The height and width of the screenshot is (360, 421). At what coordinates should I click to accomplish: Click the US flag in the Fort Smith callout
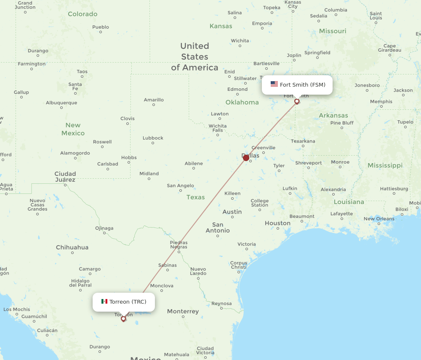pyautogui.click(x=274, y=84)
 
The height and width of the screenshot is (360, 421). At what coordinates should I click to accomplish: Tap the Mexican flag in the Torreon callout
pyautogui.click(x=104, y=302)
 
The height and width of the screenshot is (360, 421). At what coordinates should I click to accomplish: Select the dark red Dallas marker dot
pyautogui.click(x=246, y=158)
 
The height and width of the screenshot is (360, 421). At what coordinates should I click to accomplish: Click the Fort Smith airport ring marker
pyautogui.click(x=297, y=101)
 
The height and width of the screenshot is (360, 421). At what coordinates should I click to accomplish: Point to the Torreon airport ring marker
pyautogui.click(x=123, y=319)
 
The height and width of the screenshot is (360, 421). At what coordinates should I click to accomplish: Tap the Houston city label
pyautogui.click(x=277, y=223)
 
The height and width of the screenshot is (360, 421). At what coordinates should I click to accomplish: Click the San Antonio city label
pyautogui.click(x=218, y=228)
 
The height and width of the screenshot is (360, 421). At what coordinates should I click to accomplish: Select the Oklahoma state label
pyautogui.click(x=242, y=102)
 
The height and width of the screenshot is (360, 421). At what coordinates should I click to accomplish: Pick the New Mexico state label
pyautogui.click(x=73, y=129)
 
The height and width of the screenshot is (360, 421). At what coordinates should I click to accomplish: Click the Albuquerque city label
pyautogui.click(x=61, y=103)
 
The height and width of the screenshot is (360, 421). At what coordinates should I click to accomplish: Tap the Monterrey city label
pyautogui.click(x=183, y=312)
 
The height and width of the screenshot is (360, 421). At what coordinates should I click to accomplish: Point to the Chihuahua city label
pyautogui.click(x=72, y=247)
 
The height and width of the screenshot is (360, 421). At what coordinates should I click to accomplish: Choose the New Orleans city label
pyautogui.click(x=379, y=219)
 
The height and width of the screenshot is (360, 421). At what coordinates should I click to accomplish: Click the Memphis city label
pyautogui.click(x=381, y=101)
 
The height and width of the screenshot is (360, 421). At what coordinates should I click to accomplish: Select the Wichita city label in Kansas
pyautogui.click(x=240, y=41)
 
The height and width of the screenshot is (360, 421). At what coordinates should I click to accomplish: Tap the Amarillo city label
pyautogui.click(x=154, y=100)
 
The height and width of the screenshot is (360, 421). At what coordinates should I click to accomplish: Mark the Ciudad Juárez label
pyautogui.click(x=65, y=177)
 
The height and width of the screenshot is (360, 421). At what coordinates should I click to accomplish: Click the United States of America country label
pyautogui.click(x=195, y=57)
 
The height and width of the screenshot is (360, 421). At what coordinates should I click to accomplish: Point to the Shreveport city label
pyautogui.click(x=309, y=163)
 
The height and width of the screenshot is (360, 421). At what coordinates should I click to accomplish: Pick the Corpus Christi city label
pyautogui.click(x=239, y=265)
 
